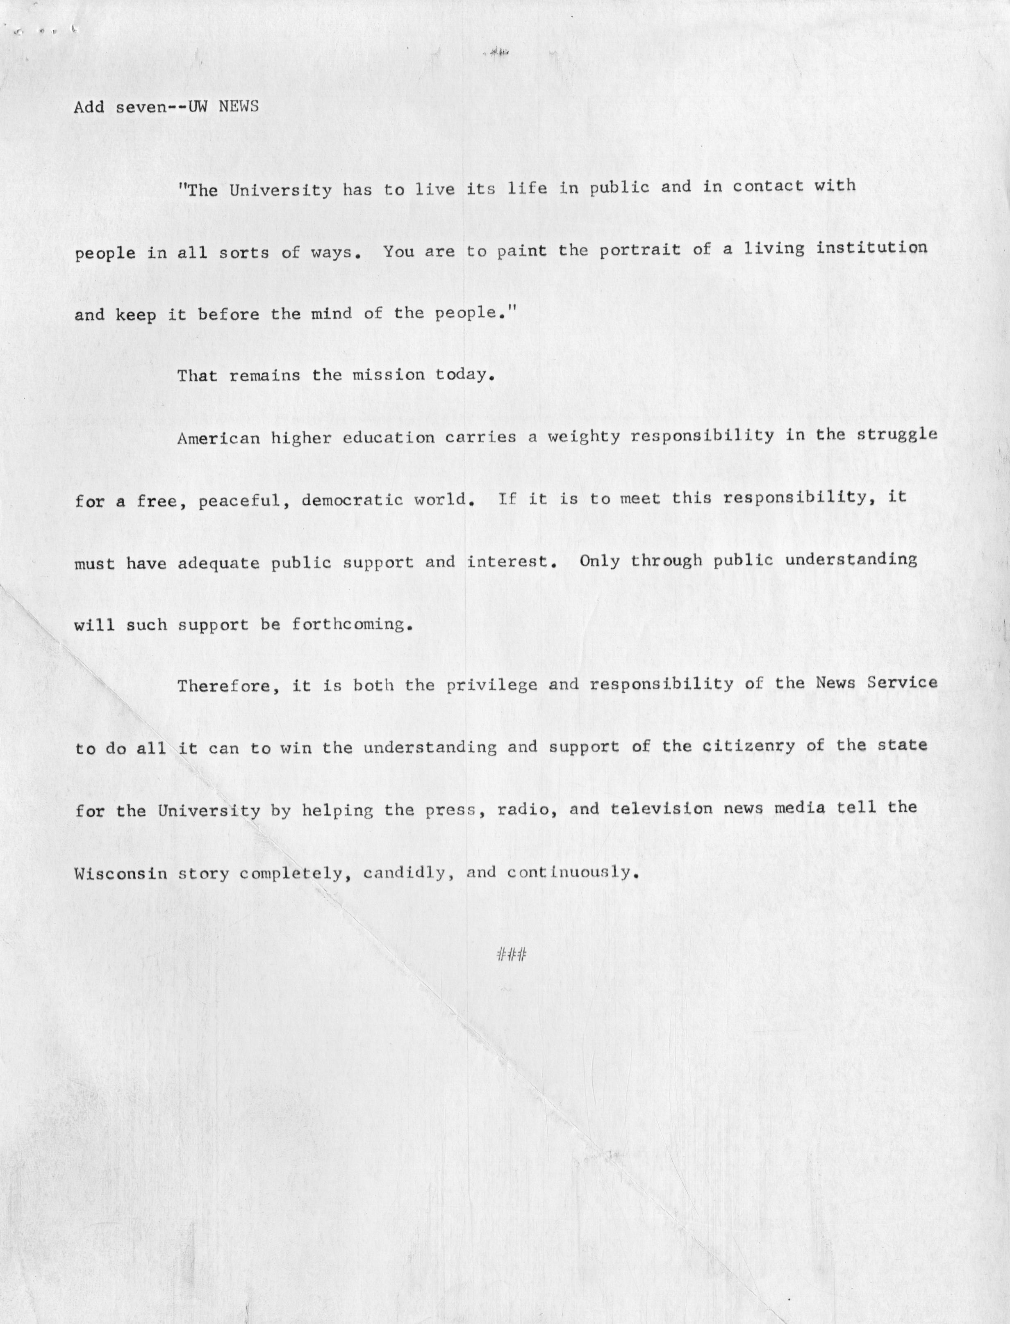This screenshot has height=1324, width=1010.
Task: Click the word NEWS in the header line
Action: coord(239,107)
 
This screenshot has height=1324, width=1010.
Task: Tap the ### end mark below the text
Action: coord(512,954)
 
